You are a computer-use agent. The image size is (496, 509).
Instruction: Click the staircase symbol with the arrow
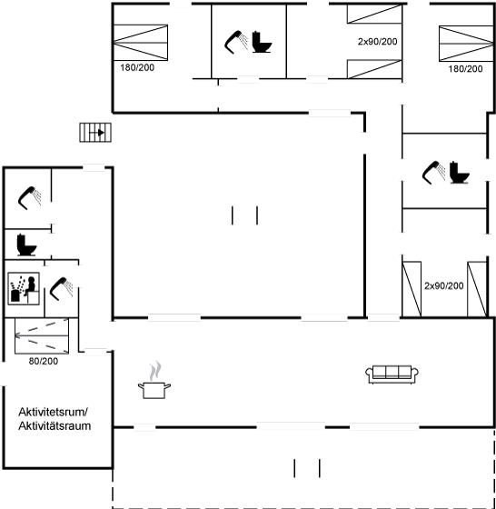95,133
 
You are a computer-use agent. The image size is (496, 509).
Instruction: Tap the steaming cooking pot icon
154,380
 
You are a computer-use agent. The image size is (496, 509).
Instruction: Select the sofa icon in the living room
392,374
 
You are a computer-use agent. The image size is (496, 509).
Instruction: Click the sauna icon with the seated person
24,289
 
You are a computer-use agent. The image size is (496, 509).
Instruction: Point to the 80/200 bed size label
44,361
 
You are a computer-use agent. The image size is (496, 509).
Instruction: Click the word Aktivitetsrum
54,412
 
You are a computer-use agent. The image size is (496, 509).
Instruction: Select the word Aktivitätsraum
55,426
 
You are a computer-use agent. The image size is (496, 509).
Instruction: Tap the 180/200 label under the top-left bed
137,68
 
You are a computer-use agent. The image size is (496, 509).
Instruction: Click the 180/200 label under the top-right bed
465,69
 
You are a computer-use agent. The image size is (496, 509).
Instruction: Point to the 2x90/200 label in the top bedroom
378,42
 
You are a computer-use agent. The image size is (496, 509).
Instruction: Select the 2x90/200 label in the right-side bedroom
444,286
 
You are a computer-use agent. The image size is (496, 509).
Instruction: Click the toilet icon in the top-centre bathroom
262,42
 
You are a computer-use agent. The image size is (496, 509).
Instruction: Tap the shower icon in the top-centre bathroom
236,42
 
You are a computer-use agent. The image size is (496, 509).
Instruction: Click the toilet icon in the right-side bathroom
460,173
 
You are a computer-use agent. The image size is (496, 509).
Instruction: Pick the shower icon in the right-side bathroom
433,173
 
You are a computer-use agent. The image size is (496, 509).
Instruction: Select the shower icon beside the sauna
61,289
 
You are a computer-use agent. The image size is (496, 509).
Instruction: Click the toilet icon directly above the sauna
26,245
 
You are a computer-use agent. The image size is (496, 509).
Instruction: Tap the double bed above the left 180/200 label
140,43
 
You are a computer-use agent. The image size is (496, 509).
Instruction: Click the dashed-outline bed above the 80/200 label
42,336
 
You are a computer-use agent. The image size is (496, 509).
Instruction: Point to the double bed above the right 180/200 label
466,44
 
